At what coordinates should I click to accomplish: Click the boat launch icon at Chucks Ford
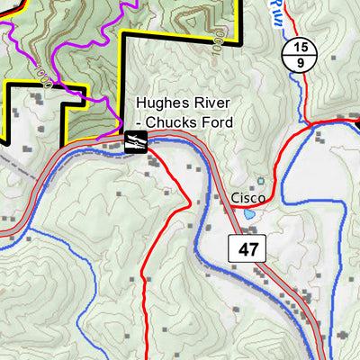136,141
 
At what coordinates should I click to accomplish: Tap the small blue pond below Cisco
247,215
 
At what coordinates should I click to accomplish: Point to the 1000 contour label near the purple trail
40,68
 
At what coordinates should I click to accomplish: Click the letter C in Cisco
234,196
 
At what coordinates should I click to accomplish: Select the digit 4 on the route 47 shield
243,248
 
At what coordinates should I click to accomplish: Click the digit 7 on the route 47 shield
256,248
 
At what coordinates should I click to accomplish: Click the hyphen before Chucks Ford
139,123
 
